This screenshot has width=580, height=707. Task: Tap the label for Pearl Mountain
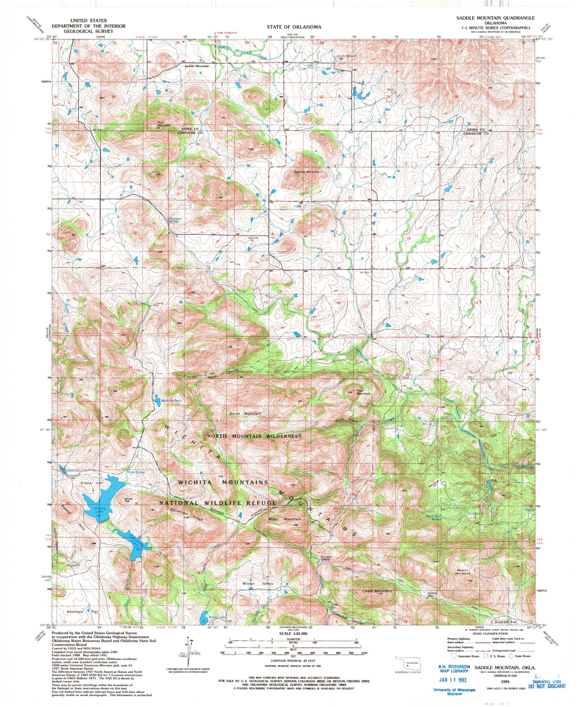tap(363, 392)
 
